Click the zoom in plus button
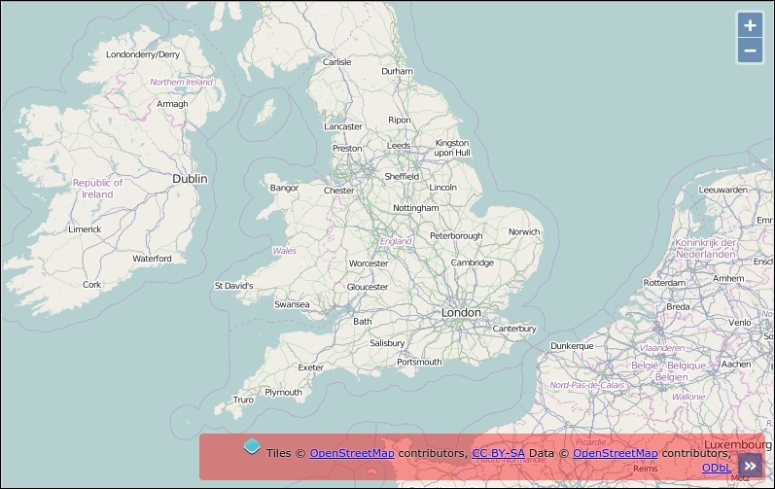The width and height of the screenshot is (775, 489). coord(750,25)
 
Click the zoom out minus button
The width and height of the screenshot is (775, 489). coord(750,51)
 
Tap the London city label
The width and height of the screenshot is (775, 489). coord(461,312)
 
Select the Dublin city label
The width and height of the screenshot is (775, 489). coord(190,179)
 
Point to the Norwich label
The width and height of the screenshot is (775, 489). coord(524,231)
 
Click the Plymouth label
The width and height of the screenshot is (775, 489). coord(283,393)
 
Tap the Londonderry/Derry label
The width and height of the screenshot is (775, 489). coord(143,54)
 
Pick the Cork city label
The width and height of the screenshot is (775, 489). coord(91,285)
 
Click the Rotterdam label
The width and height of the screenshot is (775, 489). coord(664,283)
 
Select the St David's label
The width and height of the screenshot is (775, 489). coord(233,286)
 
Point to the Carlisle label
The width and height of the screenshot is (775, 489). coord(336,62)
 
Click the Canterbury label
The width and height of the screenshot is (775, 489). coord(514,329)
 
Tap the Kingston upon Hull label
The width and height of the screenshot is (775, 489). coord(452,148)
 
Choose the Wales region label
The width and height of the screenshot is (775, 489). coord(285,251)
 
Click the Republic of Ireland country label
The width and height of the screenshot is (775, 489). coord(97,189)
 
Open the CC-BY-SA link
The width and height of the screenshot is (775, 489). coord(498,453)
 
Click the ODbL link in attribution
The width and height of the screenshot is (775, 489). coord(717,468)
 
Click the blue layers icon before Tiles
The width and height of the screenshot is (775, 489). coord(252,446)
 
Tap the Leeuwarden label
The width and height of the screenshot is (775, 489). coord(723,190)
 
